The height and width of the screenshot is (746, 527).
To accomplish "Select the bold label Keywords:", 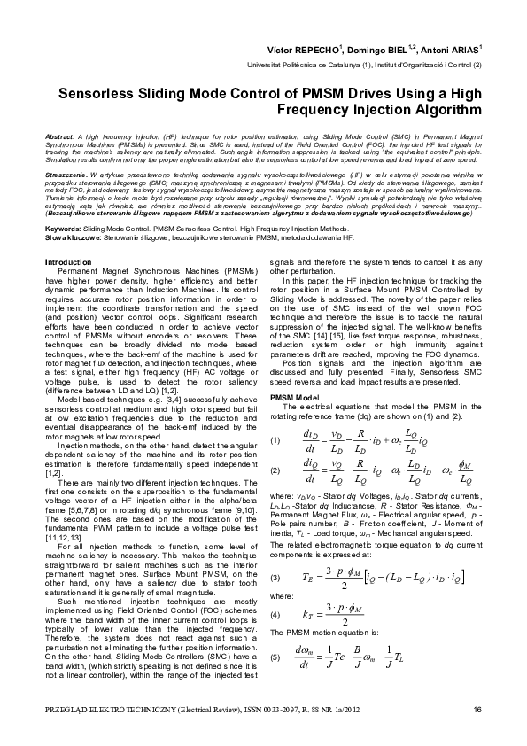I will pos(62,229).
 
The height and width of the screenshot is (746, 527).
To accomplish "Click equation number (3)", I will pos(275,553).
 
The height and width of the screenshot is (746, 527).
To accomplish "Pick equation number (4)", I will pos(275,588).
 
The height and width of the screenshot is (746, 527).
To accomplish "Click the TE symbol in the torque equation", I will pos(307,553).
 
